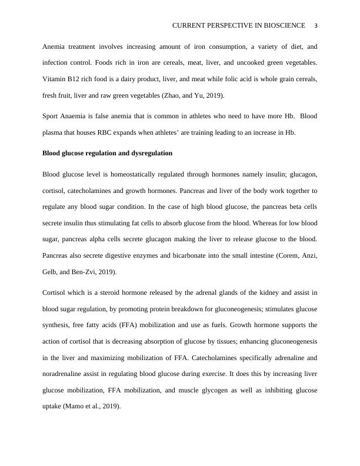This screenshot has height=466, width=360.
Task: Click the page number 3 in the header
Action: click(x=316, y=26)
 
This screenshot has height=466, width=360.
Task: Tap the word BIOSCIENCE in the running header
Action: click(x=285, y=26)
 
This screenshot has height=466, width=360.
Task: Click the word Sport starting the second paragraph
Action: click(x=51, y=116)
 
